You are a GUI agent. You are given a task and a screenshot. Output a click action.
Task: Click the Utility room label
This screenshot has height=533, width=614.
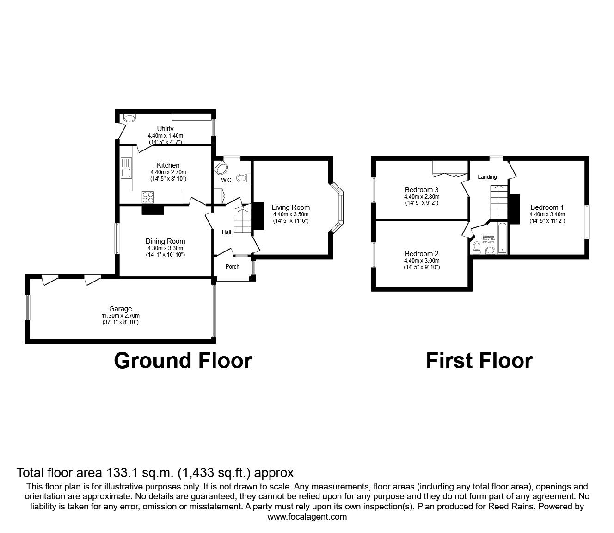[165, 129]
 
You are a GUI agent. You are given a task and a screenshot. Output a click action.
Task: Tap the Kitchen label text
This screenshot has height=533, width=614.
[168, 165]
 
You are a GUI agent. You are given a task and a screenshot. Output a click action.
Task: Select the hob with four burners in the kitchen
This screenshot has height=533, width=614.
[148, 197]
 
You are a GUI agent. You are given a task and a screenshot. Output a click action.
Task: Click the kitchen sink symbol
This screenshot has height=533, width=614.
[126, 169]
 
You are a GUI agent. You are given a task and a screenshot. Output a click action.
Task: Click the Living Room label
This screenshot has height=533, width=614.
[290, 207]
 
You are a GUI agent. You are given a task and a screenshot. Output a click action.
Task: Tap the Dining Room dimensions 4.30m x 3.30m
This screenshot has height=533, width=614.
[165, 248]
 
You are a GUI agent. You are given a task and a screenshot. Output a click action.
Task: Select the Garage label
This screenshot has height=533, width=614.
[120, 309]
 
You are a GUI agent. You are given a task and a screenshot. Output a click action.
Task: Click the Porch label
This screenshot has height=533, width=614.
[232, 266]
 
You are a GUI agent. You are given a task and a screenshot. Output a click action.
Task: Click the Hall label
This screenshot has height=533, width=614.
[226, 232]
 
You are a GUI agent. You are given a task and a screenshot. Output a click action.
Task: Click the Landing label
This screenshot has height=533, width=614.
[487, 177]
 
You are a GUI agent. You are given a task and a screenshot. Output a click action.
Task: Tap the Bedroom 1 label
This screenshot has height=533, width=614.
[547, 207]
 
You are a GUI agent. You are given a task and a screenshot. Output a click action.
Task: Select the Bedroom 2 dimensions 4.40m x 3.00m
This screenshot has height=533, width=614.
[421, 261]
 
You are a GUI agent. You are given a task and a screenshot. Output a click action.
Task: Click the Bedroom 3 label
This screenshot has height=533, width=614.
[421, 190]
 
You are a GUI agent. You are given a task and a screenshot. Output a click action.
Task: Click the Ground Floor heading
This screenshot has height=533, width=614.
[183, 361]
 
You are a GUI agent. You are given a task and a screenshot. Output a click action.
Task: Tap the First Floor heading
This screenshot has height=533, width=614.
[479, 361]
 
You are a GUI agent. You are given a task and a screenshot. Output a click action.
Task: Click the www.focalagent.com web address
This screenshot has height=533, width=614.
[307, 517]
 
